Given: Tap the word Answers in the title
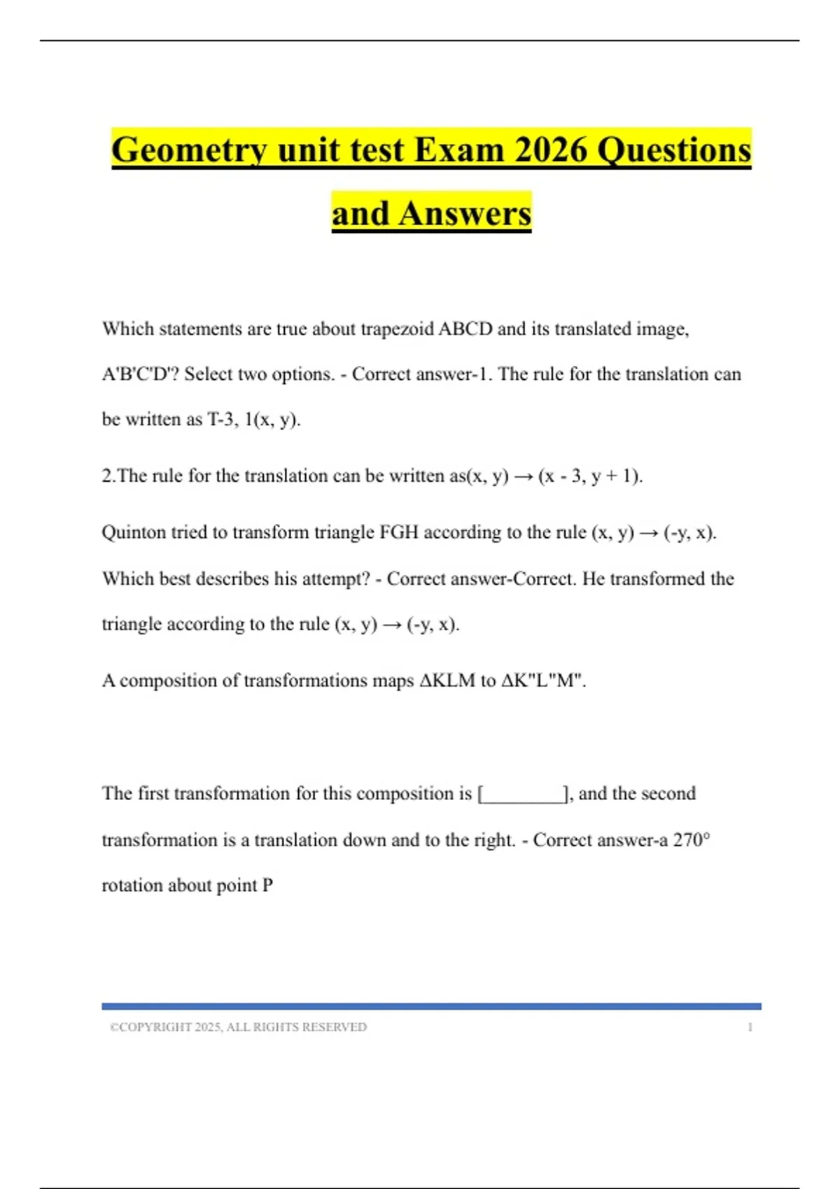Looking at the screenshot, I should click(x=465, y=213).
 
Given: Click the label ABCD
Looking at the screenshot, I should click(x=465, y=329).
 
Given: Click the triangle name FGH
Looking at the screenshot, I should click(x=398, y=532).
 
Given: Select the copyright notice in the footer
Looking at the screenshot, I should click(x=238, y=1027).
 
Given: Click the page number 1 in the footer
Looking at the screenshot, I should click(x=750, y=1027).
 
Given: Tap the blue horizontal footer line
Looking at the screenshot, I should click(x=431, y=1006).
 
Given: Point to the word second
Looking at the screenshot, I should click(x=668, y=793).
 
